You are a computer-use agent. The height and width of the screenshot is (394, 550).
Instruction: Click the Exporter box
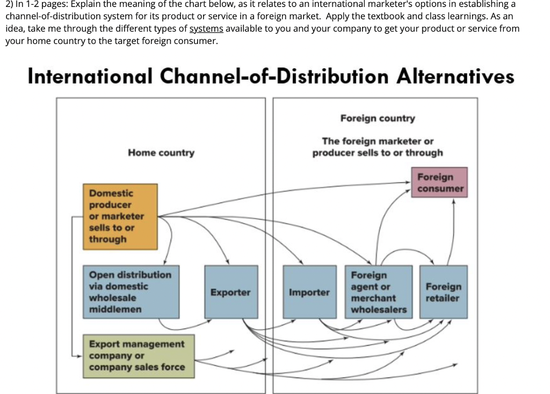click(230, 292)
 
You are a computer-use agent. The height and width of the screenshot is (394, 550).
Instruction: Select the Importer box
click(309, 292)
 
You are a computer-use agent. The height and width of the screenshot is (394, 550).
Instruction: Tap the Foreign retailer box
click(443, 292)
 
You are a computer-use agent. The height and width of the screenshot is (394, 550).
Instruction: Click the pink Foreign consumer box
click(439, 183)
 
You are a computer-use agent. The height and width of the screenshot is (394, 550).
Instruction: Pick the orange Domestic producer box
click(120, 216)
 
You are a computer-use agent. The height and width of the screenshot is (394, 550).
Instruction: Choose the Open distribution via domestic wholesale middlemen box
click(131, 292)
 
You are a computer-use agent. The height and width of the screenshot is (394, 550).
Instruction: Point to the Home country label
click(161, 153)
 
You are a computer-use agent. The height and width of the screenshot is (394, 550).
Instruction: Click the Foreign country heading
click(377, 118)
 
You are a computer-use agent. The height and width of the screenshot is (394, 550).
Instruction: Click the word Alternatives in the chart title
click(455, 76)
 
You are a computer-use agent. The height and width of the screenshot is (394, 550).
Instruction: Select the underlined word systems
click(206, 28)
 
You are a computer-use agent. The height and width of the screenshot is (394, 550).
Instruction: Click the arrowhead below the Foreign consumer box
click(454, 202)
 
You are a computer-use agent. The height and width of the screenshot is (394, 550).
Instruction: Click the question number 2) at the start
click(9, 4)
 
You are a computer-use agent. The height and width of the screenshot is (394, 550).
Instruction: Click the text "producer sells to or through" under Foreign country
click(377, 153)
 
